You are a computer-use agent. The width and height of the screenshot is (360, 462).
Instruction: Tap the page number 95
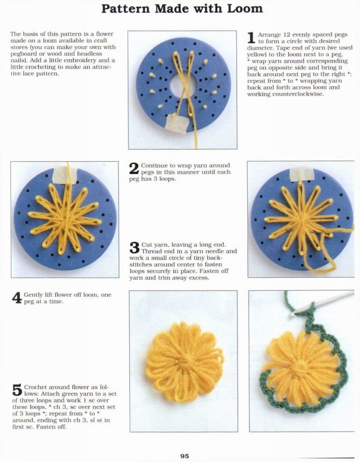[185, 456]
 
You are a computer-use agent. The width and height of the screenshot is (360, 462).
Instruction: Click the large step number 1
[251, 38]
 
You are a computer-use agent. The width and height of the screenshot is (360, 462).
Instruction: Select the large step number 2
[134, 169]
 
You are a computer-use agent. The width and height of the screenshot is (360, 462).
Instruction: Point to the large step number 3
[134, 248]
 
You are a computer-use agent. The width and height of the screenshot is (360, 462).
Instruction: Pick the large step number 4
[17, 298]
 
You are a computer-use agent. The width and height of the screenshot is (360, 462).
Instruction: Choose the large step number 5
[17, 390]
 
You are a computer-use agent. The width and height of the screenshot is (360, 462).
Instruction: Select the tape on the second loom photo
[65, 175]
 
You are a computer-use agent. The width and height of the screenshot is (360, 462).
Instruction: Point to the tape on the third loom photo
[301, 175]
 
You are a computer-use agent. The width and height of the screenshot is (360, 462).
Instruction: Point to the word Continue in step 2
[154, 166]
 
